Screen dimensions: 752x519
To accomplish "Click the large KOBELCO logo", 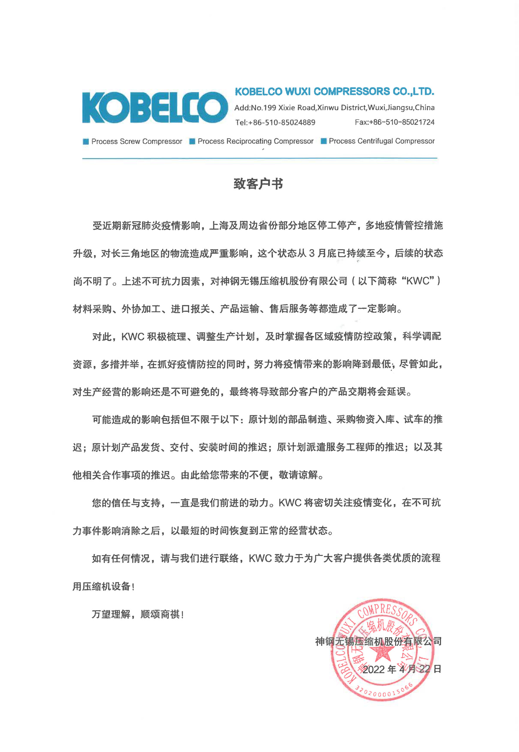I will [x=155, y=108].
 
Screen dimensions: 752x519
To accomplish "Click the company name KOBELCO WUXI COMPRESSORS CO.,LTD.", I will [x=334, y=92].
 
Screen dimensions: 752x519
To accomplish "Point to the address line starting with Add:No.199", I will [x=334, y=108].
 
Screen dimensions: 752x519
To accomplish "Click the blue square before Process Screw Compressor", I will [x=86, y=142].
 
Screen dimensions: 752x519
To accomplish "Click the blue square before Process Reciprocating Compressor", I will [x=192, y=141].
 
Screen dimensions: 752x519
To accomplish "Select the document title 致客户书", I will [x=258, y=184].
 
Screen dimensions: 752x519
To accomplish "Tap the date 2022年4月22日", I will [x=402, y=669].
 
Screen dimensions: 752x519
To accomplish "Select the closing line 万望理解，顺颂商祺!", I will [x=138, y=614].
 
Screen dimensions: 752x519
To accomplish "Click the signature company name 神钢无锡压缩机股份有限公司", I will [x=378, y=642].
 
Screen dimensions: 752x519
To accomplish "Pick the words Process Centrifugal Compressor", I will [x=382, y=141].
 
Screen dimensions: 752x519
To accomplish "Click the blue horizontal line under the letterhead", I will [x=260, y=158].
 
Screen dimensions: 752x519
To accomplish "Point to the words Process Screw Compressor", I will [x=137, y=142].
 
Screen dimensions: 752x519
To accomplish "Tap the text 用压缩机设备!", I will [x=103, y=586].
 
